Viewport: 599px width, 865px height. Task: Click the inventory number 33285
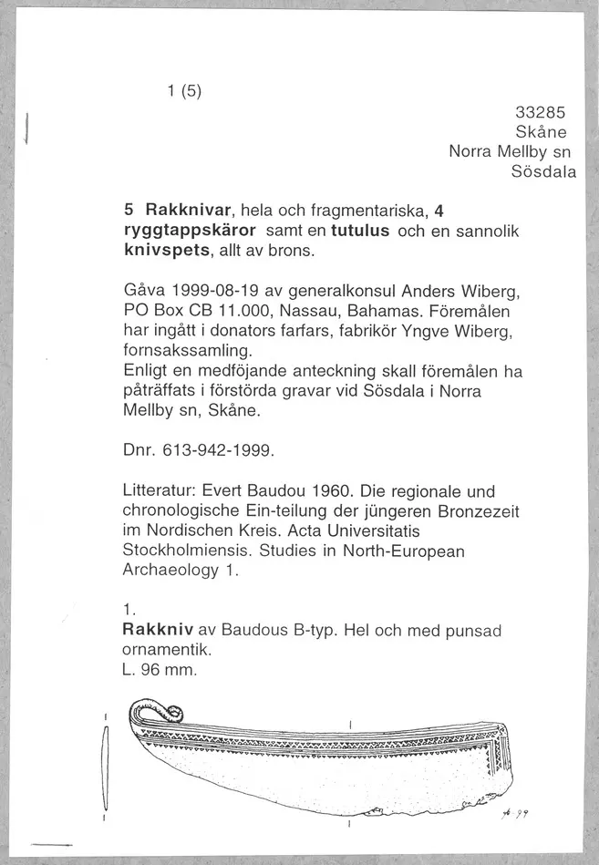point(541,113)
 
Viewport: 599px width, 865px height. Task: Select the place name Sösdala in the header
point(544,172)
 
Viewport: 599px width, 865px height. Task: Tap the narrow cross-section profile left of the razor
point(108,765)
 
